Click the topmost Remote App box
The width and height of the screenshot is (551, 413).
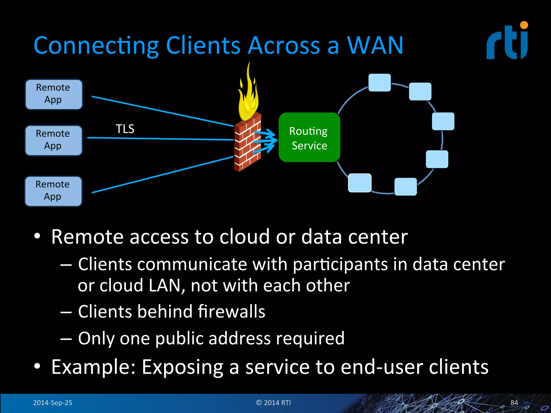point(54,94)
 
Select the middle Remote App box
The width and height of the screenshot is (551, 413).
point(54,140)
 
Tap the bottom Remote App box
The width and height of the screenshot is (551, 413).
point(53,191)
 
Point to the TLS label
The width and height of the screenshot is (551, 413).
point(125,129)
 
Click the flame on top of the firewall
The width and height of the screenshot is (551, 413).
point(248,97)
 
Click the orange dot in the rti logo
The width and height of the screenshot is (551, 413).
point(524,25)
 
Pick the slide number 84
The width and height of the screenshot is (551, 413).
point(514,403)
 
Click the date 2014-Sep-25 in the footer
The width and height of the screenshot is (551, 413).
point(52,403)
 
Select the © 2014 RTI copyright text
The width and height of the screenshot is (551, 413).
point(273,403)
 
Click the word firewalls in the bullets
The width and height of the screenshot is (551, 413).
point(231,311)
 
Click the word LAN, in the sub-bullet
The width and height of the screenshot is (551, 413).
point(167,286)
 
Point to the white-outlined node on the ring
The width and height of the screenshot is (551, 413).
point(360,183)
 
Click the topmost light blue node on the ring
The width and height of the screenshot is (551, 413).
point(379,83)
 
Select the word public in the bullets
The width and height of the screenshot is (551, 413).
point(179,338)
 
